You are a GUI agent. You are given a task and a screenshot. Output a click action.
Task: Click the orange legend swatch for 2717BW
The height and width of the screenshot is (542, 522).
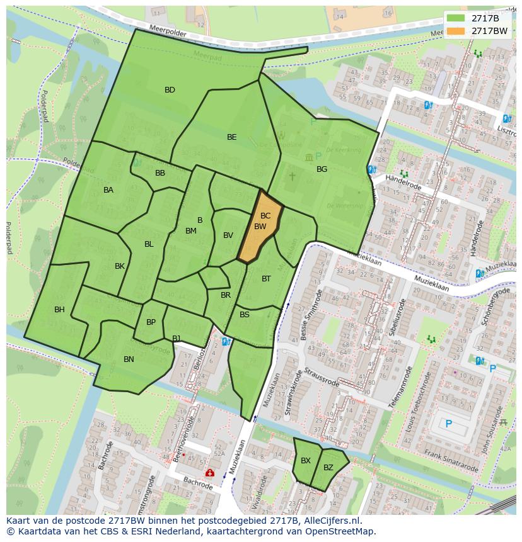click(x=456, y=30)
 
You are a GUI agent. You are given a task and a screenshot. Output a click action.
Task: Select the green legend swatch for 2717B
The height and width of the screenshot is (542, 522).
click(x=456, y=18)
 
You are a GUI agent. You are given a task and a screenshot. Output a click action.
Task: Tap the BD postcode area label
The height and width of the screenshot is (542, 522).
click(x=170, y=90)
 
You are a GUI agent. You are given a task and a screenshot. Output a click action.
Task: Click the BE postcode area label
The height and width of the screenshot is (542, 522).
click(x=232, y=137)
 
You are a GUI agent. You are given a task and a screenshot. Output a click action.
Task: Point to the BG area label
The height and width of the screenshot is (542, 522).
click(x=322, y=169)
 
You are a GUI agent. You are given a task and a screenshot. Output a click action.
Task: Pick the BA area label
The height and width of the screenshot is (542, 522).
click(x=108, y=190)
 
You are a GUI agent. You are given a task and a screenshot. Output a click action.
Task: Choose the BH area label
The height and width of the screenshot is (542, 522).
click(x=59, y=310)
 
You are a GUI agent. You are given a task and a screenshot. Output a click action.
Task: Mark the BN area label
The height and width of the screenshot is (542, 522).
click(x=129, y=359)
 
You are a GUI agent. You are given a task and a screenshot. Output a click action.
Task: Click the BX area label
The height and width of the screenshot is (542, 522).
click(x=306, y=461)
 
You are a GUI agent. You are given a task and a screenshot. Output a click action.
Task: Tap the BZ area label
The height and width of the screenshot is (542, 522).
click(x=328, y=468)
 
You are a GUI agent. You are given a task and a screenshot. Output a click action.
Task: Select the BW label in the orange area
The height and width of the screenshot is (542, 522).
click(x=260, y=227)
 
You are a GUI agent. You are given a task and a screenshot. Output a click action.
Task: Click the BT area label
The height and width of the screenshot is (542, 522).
click(x=266, y=279)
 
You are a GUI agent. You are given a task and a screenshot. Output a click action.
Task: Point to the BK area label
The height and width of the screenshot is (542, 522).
click(x=120, y=266)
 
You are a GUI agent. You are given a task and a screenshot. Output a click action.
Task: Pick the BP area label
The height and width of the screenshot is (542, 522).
click(x=151, y=322)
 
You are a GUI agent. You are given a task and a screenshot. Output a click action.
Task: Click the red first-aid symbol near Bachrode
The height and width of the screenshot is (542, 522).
click(x=209, y=473)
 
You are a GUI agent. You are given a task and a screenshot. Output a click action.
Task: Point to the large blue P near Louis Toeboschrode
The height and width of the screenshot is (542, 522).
click(x=449, y=424)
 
